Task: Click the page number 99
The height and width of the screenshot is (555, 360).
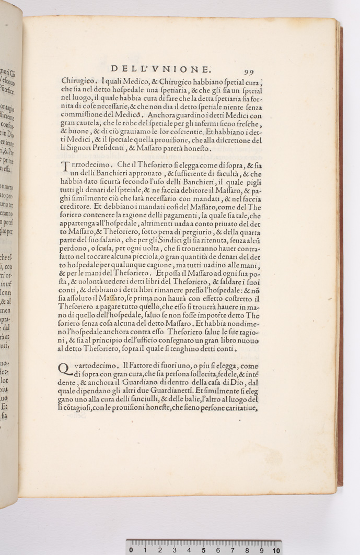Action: (248, 72)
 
